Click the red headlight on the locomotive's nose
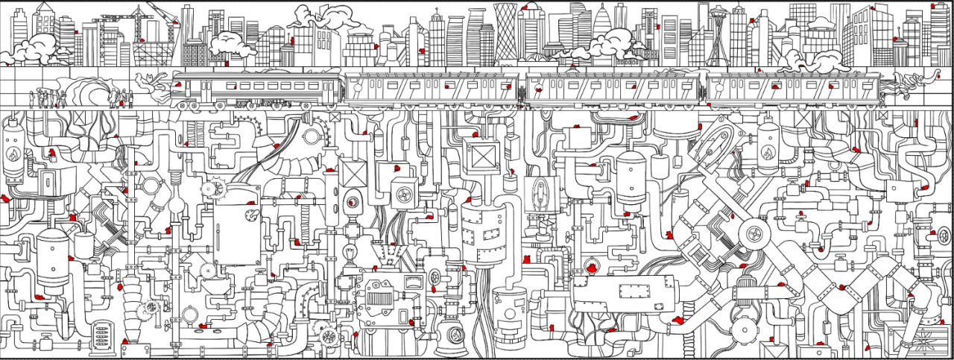(x=177, y=83)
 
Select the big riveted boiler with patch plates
(x=484, y=231)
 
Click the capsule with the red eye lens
(x=352, y=201)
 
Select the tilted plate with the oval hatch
(x=720, y=142)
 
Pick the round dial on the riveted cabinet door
(x=250, y=216)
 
